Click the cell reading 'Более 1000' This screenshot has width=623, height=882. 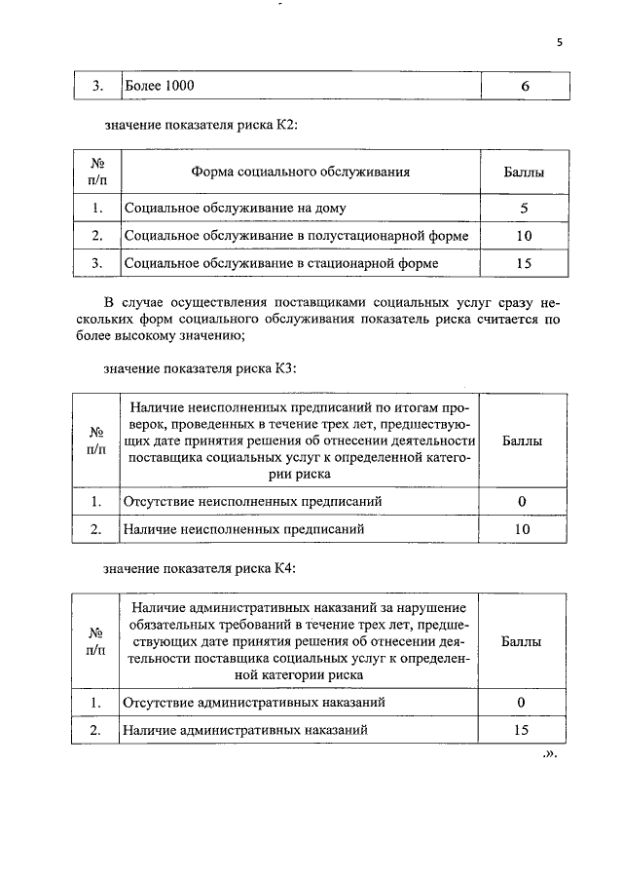click(160, 86)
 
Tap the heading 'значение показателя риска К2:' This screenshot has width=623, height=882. click(200, 126)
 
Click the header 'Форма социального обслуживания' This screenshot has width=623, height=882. click(300, 173)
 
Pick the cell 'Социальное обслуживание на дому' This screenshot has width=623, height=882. click(235, 209)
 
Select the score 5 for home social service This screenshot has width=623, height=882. click(524, 209)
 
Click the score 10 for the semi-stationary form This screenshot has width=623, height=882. click(524, 236)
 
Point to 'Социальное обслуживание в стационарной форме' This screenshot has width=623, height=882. click(280, 263)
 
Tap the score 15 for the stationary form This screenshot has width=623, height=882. click(524, 263)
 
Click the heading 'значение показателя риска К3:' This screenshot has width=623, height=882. click(200, 368)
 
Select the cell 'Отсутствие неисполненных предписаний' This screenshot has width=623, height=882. click(251, 502)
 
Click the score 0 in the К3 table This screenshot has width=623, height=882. click(523, 502)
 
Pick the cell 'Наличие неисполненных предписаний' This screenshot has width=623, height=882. click(243, 529)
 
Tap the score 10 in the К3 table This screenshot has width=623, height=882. click(523, 529)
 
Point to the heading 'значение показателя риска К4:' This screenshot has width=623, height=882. click(200, 567)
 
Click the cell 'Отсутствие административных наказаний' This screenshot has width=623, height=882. click(253, 702)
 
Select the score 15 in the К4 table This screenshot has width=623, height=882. click(523, 729)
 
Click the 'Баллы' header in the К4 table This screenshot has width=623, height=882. click(523, 642)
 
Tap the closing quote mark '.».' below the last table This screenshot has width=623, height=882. click(548, 754)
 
